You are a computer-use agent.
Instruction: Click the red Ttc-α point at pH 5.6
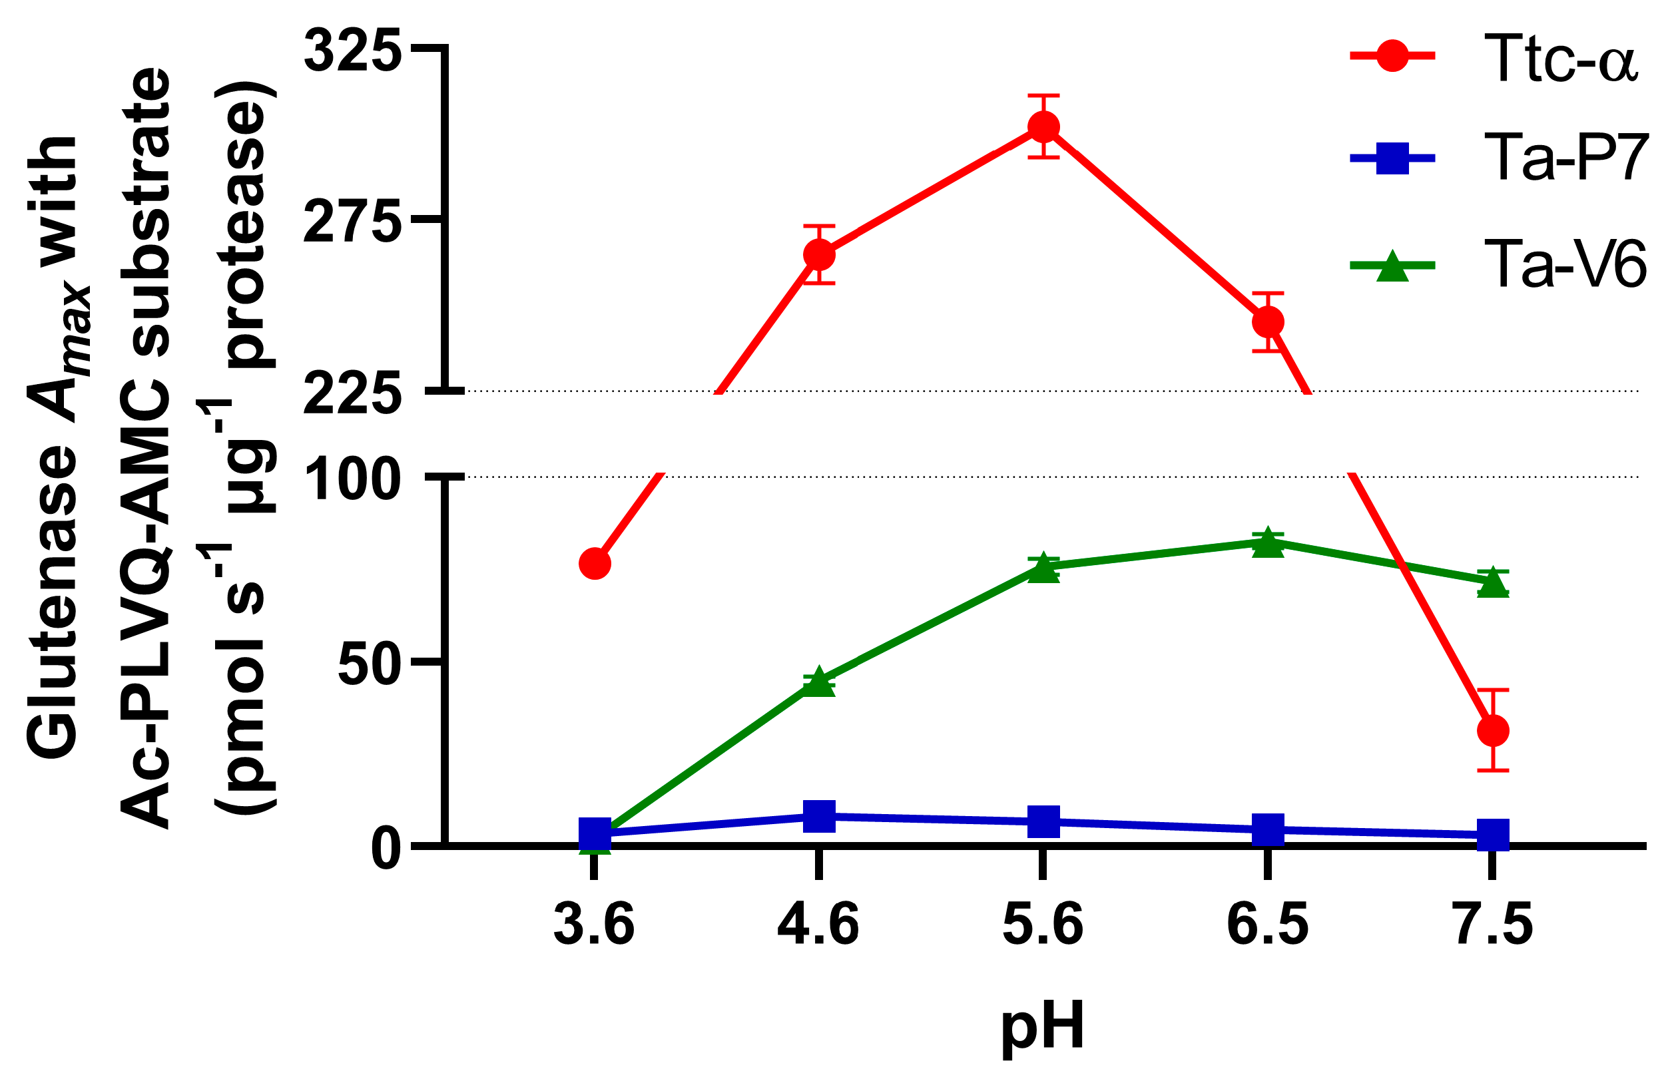click(1043, 127)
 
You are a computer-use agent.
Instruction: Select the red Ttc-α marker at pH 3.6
click(595, 564)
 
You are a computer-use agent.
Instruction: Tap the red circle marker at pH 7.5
click(1493, 731)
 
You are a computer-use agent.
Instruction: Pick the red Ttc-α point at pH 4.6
click(819, 254)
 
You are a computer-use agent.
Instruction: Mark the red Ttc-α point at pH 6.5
click(1268, 322)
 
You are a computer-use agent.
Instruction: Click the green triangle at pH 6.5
click(1268, 543)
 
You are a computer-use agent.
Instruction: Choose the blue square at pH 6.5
click(1268, 829)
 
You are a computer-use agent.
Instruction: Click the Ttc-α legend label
click(1559, 59)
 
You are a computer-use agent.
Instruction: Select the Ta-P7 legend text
click(1565, 158)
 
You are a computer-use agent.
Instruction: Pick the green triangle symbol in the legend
click(1392, 266)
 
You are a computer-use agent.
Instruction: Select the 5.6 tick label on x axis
click(1043, 925)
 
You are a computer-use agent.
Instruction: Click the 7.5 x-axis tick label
click(1493, 925)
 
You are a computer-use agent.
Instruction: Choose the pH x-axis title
click(1043, 1027)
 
